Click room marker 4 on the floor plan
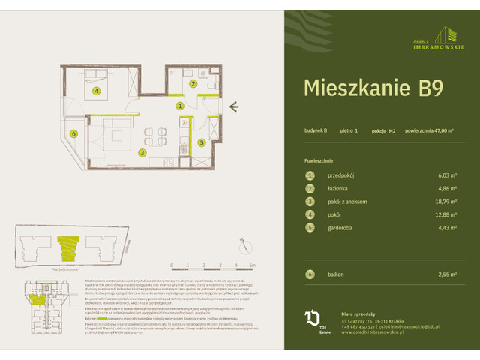97,92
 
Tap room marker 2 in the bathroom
193,84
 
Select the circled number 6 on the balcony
73,134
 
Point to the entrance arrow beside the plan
233,106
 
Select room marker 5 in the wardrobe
201,142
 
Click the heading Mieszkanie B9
373,88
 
